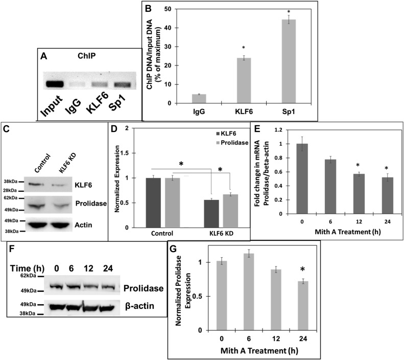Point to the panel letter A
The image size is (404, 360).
pyautogui.click(x=44, y=57)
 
